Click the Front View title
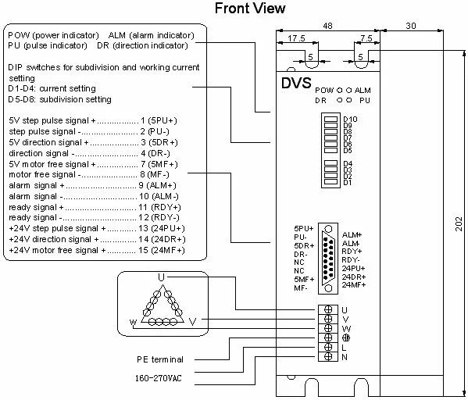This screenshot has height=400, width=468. pos(249,9)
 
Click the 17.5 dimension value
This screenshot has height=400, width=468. pos(296,37)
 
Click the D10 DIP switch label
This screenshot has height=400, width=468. pos(350,119)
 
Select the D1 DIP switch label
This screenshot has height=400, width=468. pos(348,182)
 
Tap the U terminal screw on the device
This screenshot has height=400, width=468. pos(329,309)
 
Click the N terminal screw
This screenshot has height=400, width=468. pos(329,356)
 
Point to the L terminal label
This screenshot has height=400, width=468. pos(344,347)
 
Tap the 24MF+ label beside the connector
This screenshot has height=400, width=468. pos(355,286)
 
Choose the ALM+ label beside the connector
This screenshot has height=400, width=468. pos(352,234)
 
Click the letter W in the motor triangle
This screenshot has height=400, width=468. pos(134,321)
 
